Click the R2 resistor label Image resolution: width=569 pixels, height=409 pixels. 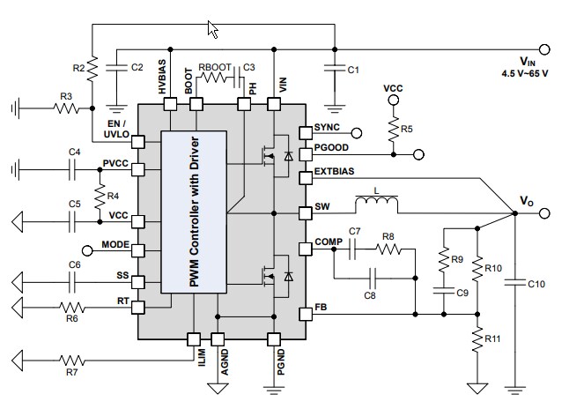(x=78, y=66)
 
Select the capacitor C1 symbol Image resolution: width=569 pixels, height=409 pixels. (x=335, y=68)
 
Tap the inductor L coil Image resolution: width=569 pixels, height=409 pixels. (x=376, y=206)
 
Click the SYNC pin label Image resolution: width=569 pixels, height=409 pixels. (x=327, y=128)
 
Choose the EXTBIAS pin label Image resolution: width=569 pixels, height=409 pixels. (x=335, y=171)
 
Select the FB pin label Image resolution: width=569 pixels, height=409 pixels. (x=321, y=311)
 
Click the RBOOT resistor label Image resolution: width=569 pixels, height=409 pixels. (x=215, y=66)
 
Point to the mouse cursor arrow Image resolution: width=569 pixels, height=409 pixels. (x=212, y=29)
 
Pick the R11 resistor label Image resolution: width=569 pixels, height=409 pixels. (x=493, y=338)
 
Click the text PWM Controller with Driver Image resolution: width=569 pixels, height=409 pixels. (x=196, y=212)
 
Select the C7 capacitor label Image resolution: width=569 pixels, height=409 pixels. (x=355, y=232)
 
